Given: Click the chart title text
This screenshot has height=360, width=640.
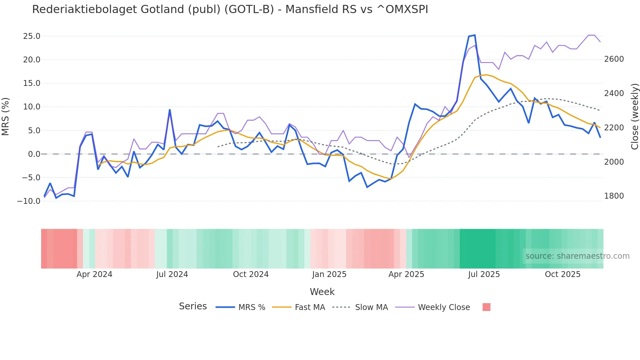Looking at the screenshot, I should tap(230, 9).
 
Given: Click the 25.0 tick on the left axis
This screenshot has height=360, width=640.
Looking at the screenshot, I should tap(32, 36).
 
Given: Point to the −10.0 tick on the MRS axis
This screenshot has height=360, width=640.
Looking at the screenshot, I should tap(29, 201).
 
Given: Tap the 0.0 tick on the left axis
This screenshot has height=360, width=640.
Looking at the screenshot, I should tap(34, 154).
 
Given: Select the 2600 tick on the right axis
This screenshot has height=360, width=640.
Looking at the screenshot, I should tap(614, 59).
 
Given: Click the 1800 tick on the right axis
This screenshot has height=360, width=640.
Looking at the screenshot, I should tap(614, 196).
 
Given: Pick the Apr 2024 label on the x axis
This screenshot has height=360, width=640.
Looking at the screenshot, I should tap(94, 274).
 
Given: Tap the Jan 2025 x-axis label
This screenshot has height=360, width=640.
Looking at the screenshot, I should tap(329, 274).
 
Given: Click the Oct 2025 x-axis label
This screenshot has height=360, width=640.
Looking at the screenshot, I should tap(563, 274).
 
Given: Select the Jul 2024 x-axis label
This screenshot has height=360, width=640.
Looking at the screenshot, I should tap(172, 274).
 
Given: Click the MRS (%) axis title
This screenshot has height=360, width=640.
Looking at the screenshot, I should tap(6, 116).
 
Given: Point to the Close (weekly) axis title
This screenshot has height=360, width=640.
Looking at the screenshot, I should tap(634, 116).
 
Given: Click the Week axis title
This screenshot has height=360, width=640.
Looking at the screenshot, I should tap(322, 292).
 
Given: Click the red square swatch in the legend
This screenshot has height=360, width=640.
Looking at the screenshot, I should tap(486, 307).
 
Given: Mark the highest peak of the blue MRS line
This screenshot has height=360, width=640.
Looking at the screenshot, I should tap(474, 35).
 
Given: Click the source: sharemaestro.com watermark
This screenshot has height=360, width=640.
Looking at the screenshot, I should tap(577, 256).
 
